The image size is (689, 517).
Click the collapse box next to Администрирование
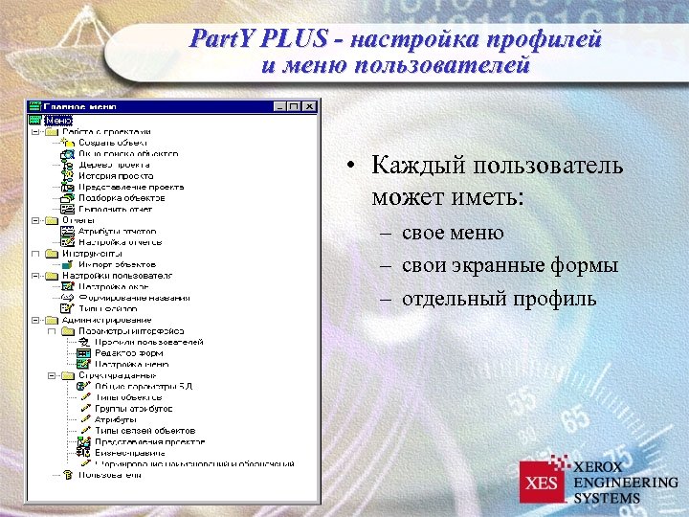(35, 320)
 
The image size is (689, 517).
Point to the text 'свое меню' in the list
(453, 233)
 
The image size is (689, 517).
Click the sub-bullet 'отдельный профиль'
(499, 299)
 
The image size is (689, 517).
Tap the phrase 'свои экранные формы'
(509, 265)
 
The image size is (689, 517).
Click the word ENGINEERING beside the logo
(625, 483)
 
